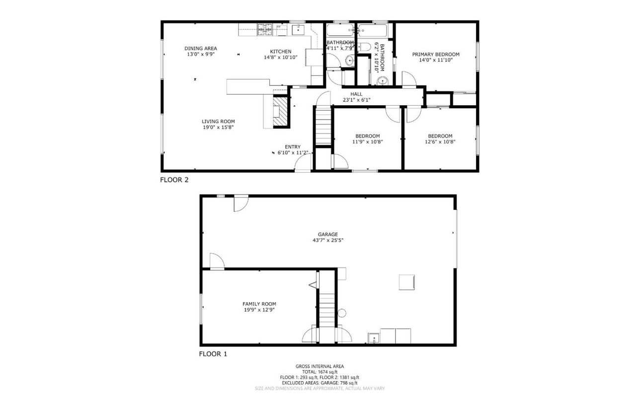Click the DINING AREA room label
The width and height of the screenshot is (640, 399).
point(201,48)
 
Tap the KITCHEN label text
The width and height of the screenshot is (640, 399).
point(280,52)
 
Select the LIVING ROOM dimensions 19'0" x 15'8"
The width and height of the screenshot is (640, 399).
point(218,128)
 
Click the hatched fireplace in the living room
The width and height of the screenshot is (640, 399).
point(282,111)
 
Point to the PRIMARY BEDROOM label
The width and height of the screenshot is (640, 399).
point(436,54)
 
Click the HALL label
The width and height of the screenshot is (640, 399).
point(356,94)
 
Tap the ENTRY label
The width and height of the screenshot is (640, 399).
point(293,146)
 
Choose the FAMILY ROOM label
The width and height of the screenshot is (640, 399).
point(259,304)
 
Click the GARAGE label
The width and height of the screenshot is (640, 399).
point(328,234)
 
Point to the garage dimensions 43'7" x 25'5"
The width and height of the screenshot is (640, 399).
point(328,241)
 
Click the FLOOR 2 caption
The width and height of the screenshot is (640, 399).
point(174,180)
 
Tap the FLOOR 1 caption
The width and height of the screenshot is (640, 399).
point(213,354)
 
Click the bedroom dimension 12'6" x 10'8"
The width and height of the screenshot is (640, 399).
point(440,142)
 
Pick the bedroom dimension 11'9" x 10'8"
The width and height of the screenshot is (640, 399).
point(367,142)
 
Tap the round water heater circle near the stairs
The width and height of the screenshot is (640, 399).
point(342,313)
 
